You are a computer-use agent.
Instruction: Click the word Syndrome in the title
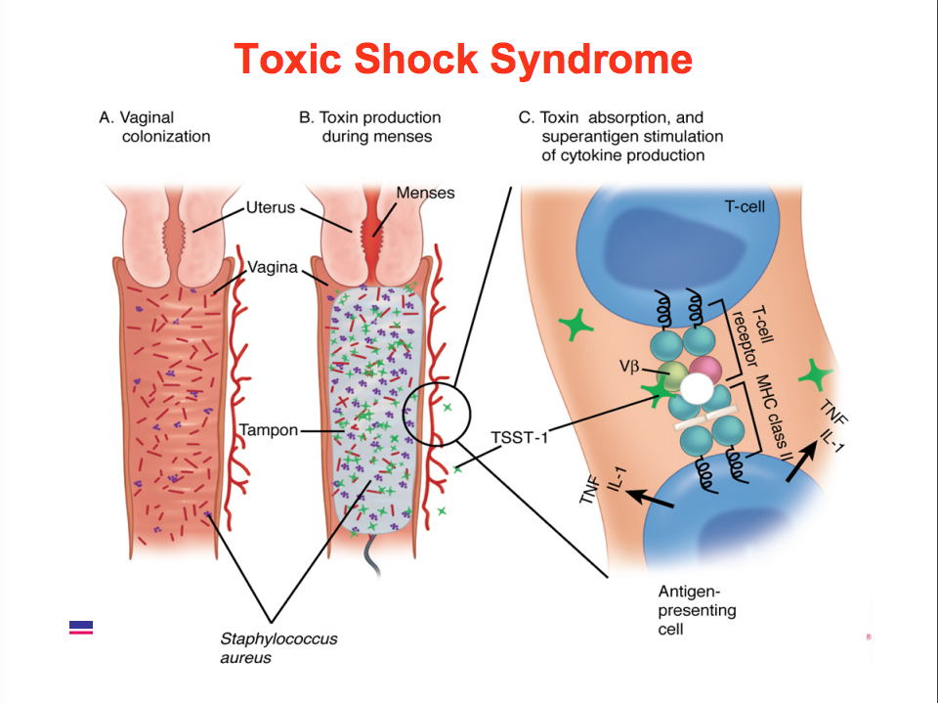point(591,60)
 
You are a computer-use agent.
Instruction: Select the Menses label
point(425,193)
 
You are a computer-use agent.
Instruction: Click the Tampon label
point(269,429)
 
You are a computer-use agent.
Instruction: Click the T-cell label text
point(744,206)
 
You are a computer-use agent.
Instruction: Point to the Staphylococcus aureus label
point(278,647)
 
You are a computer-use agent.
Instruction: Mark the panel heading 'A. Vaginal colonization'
point(155,126)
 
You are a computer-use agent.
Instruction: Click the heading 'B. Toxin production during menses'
point(370,126)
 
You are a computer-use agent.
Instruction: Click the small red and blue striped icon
point(81,627)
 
